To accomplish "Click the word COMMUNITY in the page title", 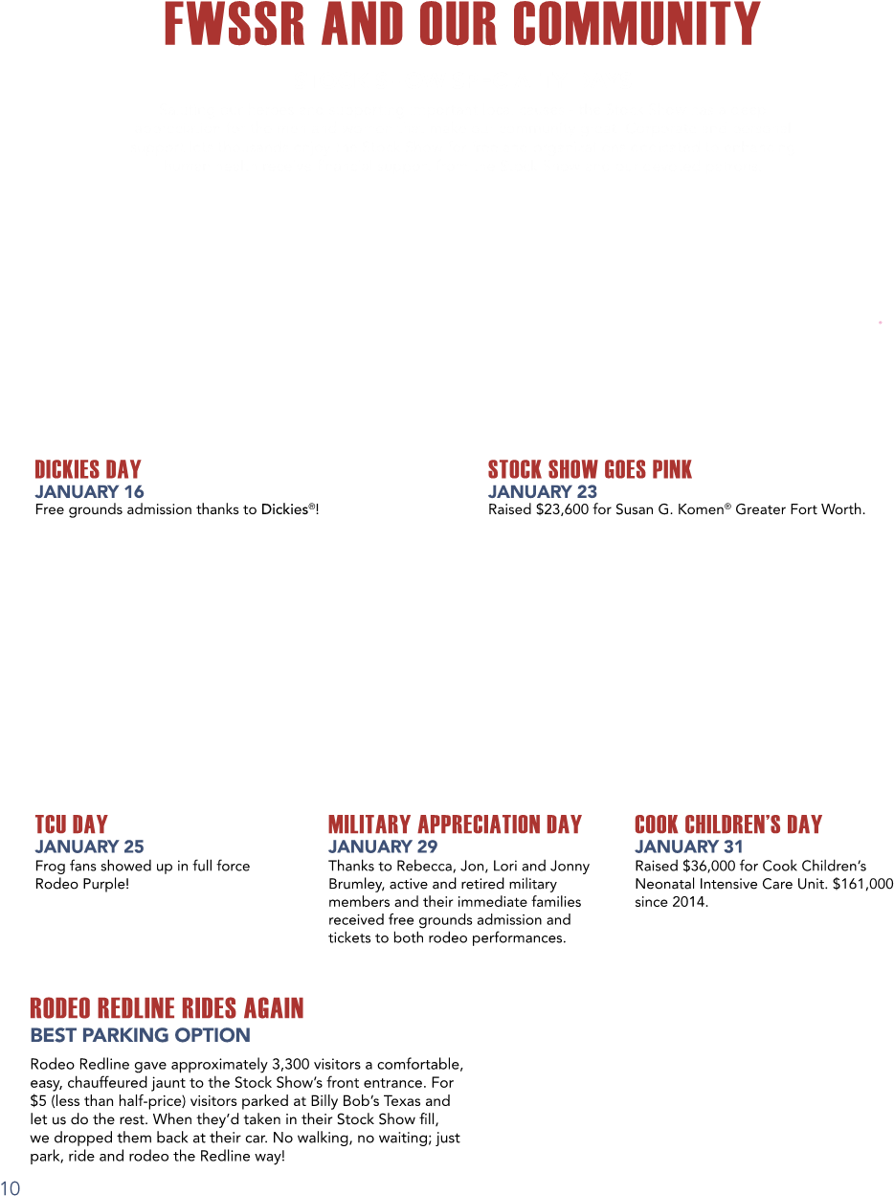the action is (x=637, y=24).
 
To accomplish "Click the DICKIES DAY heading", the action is (x=88, y=469).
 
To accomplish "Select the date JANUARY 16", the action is (x=89, y=491).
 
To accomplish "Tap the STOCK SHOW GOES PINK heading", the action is (x=590, y=469).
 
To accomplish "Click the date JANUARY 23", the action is (x=543, y=491).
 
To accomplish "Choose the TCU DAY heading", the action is (x=72, y=824).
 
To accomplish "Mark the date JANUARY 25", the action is (x=89, y=846).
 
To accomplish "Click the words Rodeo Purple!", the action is (x=82, y=884).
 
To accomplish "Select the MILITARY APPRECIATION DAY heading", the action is (x=456, y=824).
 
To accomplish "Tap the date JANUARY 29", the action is (x=383, y=846).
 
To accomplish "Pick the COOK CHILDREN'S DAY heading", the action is (x=728, y=824).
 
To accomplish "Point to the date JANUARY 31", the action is (x=689, y=846).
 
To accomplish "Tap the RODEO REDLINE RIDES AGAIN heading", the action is (x=167, y=1008).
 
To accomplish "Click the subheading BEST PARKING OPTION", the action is (x=140, y=1035).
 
